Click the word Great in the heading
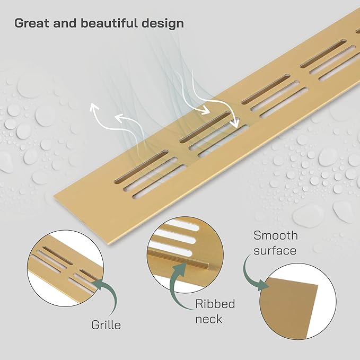pos(32,23)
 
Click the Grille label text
pos(106,325)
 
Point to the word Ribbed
pos(215,304)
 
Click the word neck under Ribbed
pos(209,319)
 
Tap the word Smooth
pos(276,235)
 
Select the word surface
pos(275,250)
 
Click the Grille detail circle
pos(65,268)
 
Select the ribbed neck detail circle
pos(185,254)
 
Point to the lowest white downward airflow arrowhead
pos(235,124)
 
